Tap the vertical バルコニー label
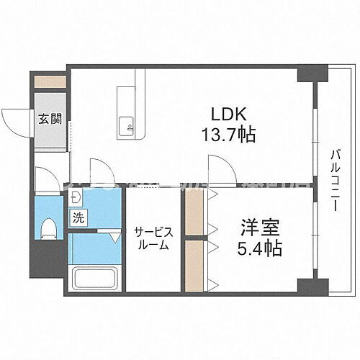(x=336, y=180)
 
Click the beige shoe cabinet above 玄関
(x=49, y=81)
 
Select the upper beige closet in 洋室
(x=193, y=210)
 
